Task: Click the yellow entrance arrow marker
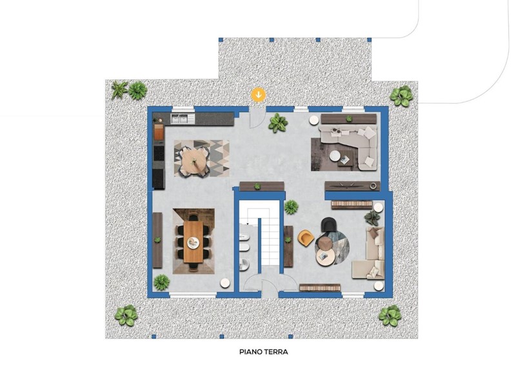[259, 95]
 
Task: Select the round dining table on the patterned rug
[194, 160]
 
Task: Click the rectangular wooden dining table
[193, 241]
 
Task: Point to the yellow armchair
[306, 237]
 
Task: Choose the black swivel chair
[329, 225]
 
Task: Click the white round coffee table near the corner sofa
[335, 156]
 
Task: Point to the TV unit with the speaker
[352, 186]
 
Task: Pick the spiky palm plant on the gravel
[119, 89]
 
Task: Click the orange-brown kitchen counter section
[159, 132]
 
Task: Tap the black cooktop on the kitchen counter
[159, 153]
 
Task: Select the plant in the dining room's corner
[162, 282]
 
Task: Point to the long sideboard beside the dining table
[157, 240]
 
